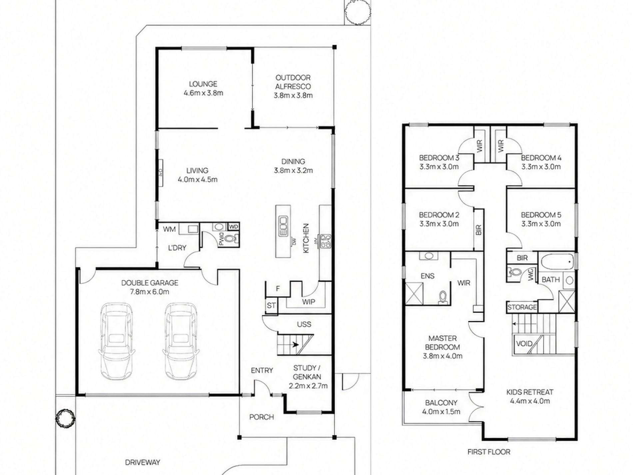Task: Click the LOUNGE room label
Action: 203,84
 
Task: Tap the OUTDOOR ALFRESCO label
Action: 293,82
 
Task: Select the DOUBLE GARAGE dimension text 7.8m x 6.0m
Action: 150,292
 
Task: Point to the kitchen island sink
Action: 283,226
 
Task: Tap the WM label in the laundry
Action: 169,229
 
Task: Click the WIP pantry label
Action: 309,302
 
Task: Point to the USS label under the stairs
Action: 304,324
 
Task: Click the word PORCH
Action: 262,417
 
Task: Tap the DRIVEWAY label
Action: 143,462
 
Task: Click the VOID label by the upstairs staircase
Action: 524,344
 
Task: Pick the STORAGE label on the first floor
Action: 522,307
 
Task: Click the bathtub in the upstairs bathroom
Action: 557,262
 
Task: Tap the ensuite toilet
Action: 443,297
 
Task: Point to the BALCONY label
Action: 441,403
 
